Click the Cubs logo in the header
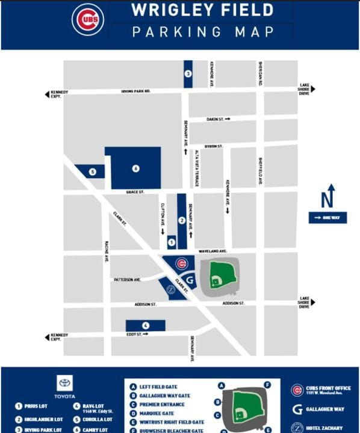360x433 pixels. click(x=88, y=19)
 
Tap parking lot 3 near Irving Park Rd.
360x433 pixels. click(x=188, y=74)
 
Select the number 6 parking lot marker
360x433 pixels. click(x=135, y=168)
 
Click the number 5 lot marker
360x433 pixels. click(x=92, y=172)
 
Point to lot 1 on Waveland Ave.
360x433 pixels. click(x=172, y=242)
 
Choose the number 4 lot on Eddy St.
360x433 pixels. click(x=145, y=325)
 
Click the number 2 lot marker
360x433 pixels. click(x=182, y=220)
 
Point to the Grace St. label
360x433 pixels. click(x=135, y=192)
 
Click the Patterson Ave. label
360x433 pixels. click(x=127, y=280)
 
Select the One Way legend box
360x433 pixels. click(x=327, y=218)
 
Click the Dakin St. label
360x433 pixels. click(x=215, y=119)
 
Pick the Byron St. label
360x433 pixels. click(x=213, y=146)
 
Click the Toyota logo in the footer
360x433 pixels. click(x=64, y=384)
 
